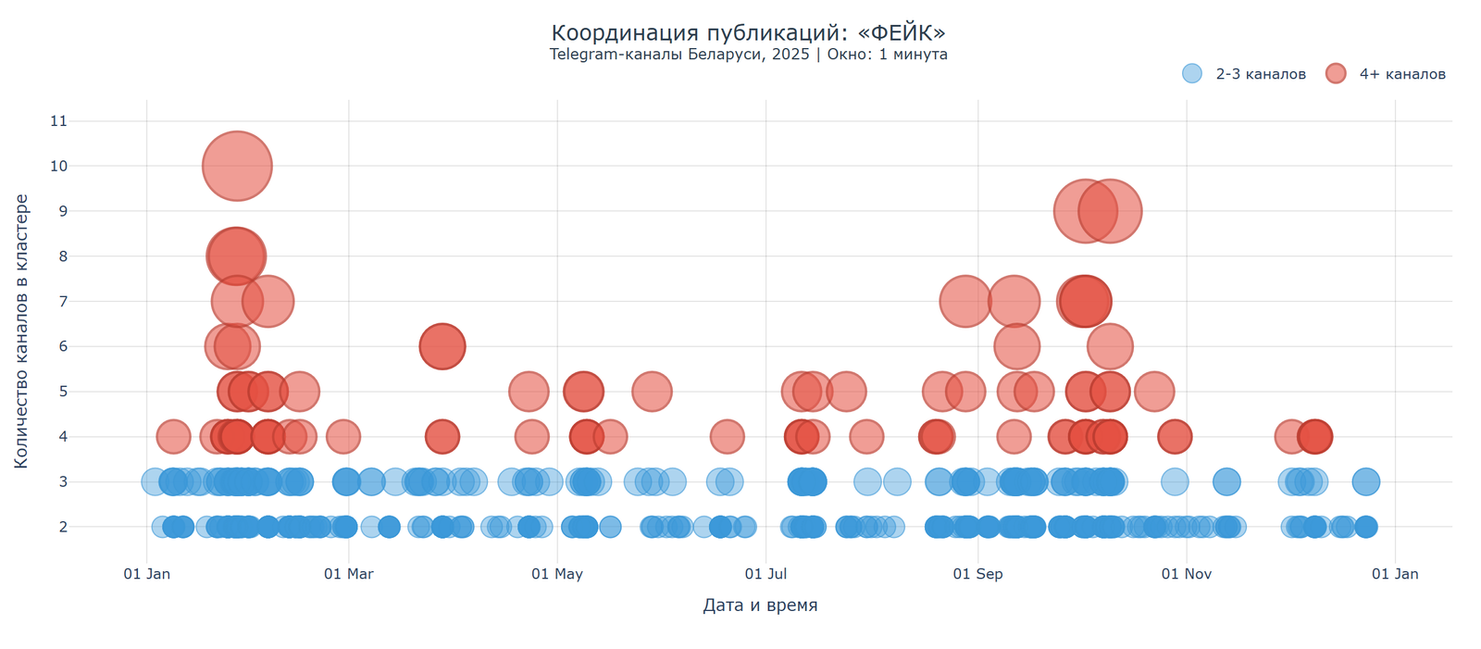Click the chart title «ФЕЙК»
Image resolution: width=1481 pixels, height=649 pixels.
pyautogui.click(x=748, y=32)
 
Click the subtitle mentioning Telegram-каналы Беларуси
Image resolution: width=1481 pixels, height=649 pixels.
pyautogui.click(x=748, y=54)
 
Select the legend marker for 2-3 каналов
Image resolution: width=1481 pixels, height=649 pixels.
pyautogui.click(x=1192, y=74)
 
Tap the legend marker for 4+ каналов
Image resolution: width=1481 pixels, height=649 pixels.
pyautogui.click(x=1336, y=74)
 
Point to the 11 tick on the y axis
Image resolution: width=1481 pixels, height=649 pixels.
pyautogui.click(x=59, y=120)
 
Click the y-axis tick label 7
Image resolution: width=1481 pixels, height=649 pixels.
pyautogui.click(x=63, y=301)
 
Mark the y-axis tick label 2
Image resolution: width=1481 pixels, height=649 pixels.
pyautogui.click(x=63, y=527)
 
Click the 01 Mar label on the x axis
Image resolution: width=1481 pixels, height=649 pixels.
pyautogui.click(x=349, y=574)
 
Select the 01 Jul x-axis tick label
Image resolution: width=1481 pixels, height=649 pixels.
pyautogui.click(x=765, y=574)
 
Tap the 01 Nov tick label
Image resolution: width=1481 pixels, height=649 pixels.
pyautogui.click(x=1187, y=574)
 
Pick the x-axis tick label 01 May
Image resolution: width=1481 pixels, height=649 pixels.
pyautogui.click(x=557, y=574)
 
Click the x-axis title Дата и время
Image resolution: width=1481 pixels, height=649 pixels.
pyautogui.click(x=760, y=605)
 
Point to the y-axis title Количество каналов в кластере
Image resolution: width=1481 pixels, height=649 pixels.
pyautogui.click(x=21, y=331)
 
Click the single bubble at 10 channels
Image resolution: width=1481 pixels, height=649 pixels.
pyautogui.click(x=237, y=167)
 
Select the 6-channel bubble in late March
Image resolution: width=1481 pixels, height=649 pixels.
pyautogui.click(x=442, y=346)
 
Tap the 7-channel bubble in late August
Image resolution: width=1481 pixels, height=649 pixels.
pyautogui.click(x=965, y=301)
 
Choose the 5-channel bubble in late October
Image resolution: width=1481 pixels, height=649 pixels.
pyautogui.click(x=1153, y=392)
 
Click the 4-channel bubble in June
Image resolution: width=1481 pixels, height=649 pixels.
pyautogui.click(x=728, y=436)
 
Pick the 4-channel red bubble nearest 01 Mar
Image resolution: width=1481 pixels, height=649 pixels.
pyautogui.click(x=343, y=436)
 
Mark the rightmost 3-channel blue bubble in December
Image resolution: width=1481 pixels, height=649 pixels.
pyautogui.click(x=1365, y=481)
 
